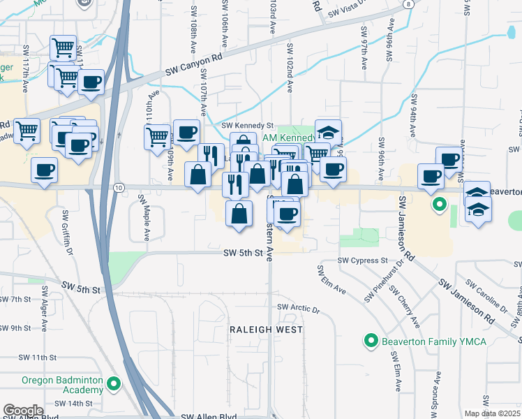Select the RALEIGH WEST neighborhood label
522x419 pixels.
tap(267, 329)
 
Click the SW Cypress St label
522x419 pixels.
tap(362, 260)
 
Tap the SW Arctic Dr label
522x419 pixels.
tap(298, 308)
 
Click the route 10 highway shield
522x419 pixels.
tap(119, 187)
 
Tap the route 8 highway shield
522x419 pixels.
tap(406, 3)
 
